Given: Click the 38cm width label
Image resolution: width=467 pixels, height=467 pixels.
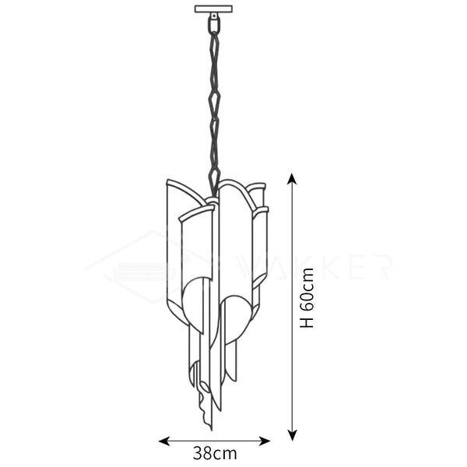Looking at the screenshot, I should point(215,451).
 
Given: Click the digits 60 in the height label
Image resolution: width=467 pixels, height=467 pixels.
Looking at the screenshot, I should point(307,300).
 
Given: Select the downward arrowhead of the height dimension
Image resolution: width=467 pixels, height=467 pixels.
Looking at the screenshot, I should point(292,436).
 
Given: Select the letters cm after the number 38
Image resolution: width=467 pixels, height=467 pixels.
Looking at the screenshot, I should point(226,451).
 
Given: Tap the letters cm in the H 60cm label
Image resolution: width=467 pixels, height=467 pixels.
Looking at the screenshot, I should point(307,278).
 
